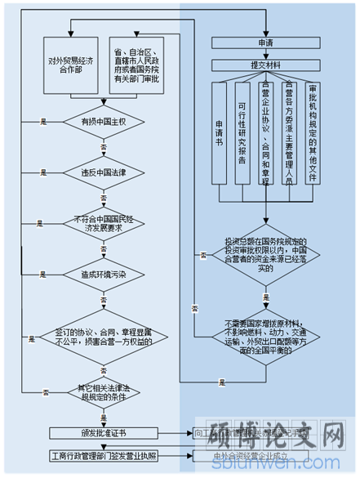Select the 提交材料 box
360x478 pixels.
click(265, 65)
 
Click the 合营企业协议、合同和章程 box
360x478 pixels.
click(265, 132)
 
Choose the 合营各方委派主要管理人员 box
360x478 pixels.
click(289, 132)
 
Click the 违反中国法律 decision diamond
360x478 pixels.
click(102, 172)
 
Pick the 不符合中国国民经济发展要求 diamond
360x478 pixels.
click(102, 223)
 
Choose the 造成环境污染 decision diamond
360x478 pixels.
click(102, 274)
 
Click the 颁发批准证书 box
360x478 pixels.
click(102, 432)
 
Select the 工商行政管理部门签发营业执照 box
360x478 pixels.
click(102, 455)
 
